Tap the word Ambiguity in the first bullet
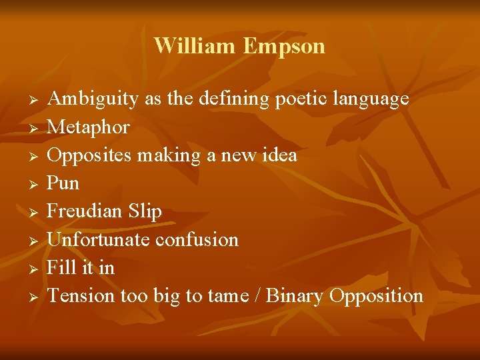pyautogui.click(x=93, y=99)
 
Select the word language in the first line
pyautogui.click(x=369, y=99)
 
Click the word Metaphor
pyautogui.click(x=89, y=127)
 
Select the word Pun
pyautogui.click(x=63, y=183)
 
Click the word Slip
pyautogui.click(x=145, y=211)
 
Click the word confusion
pyautogui.click(x=199, y=239)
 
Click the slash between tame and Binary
pyautogui.click(x=257, y=296)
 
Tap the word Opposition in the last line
pyautogui.click(x=377, y=296)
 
